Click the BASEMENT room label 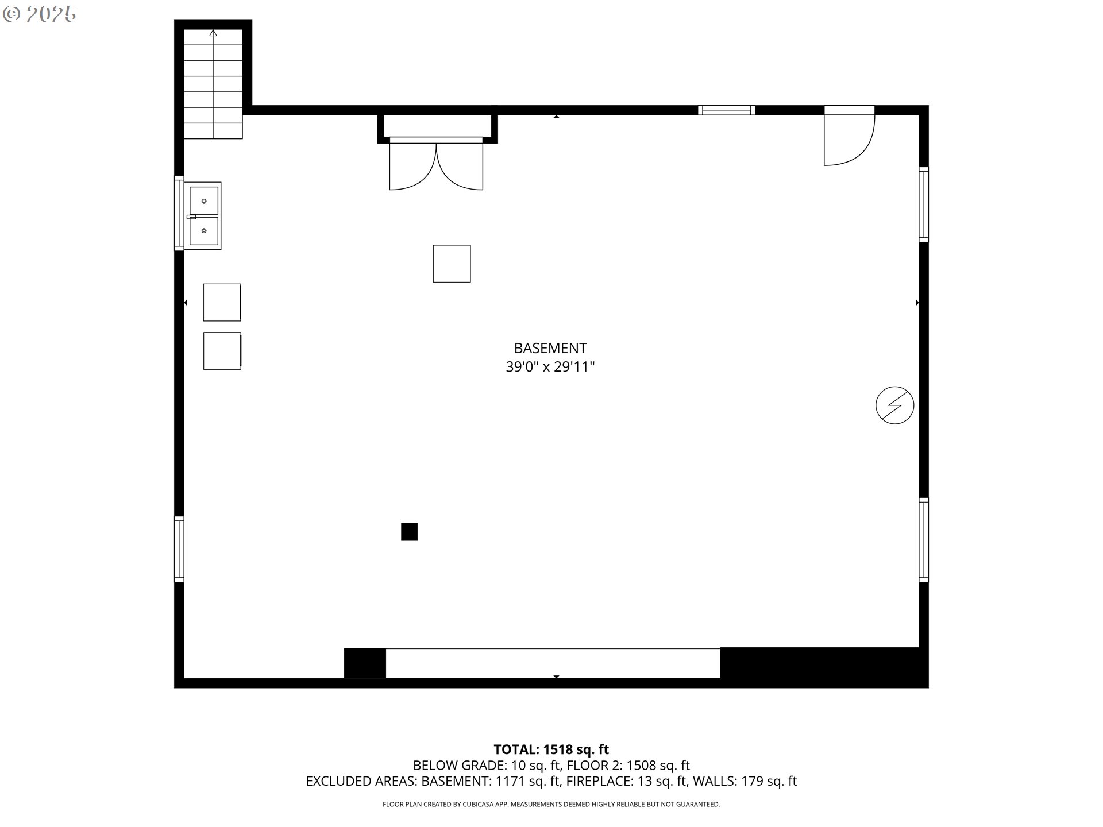pyautogui.click(x=550, y=348)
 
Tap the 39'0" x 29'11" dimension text pyautogui.click(x=550, y=366)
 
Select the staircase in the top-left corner pyautogui.click(x=213, y=84)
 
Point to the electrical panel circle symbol pyautogui.click(x=894, y=405)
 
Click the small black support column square pyautogui.click(x=409, y=532)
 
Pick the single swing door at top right pyautogui.click(x=849, y=136)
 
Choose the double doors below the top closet pyautogui.click(x=436, y=164)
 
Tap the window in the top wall pyautogui.click(x=726, y=110)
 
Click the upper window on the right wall pyautogui.click(x=923, y=204)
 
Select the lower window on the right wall pyautogui.click(x=923, y=540)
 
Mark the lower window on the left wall pyautogui.click(x=179, y=549)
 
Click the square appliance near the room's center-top pyautogui.click(x=452, y=264)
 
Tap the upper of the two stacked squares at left pyautogui.click(x=222, y=302)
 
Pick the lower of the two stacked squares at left pyautogui.click(x=222, y=351)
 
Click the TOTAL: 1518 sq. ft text pyautogui.click(x=551, y=749)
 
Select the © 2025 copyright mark pyautogui.click(x=39, y=14)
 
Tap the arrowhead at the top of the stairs pyautogui.click(x=213, y=33)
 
